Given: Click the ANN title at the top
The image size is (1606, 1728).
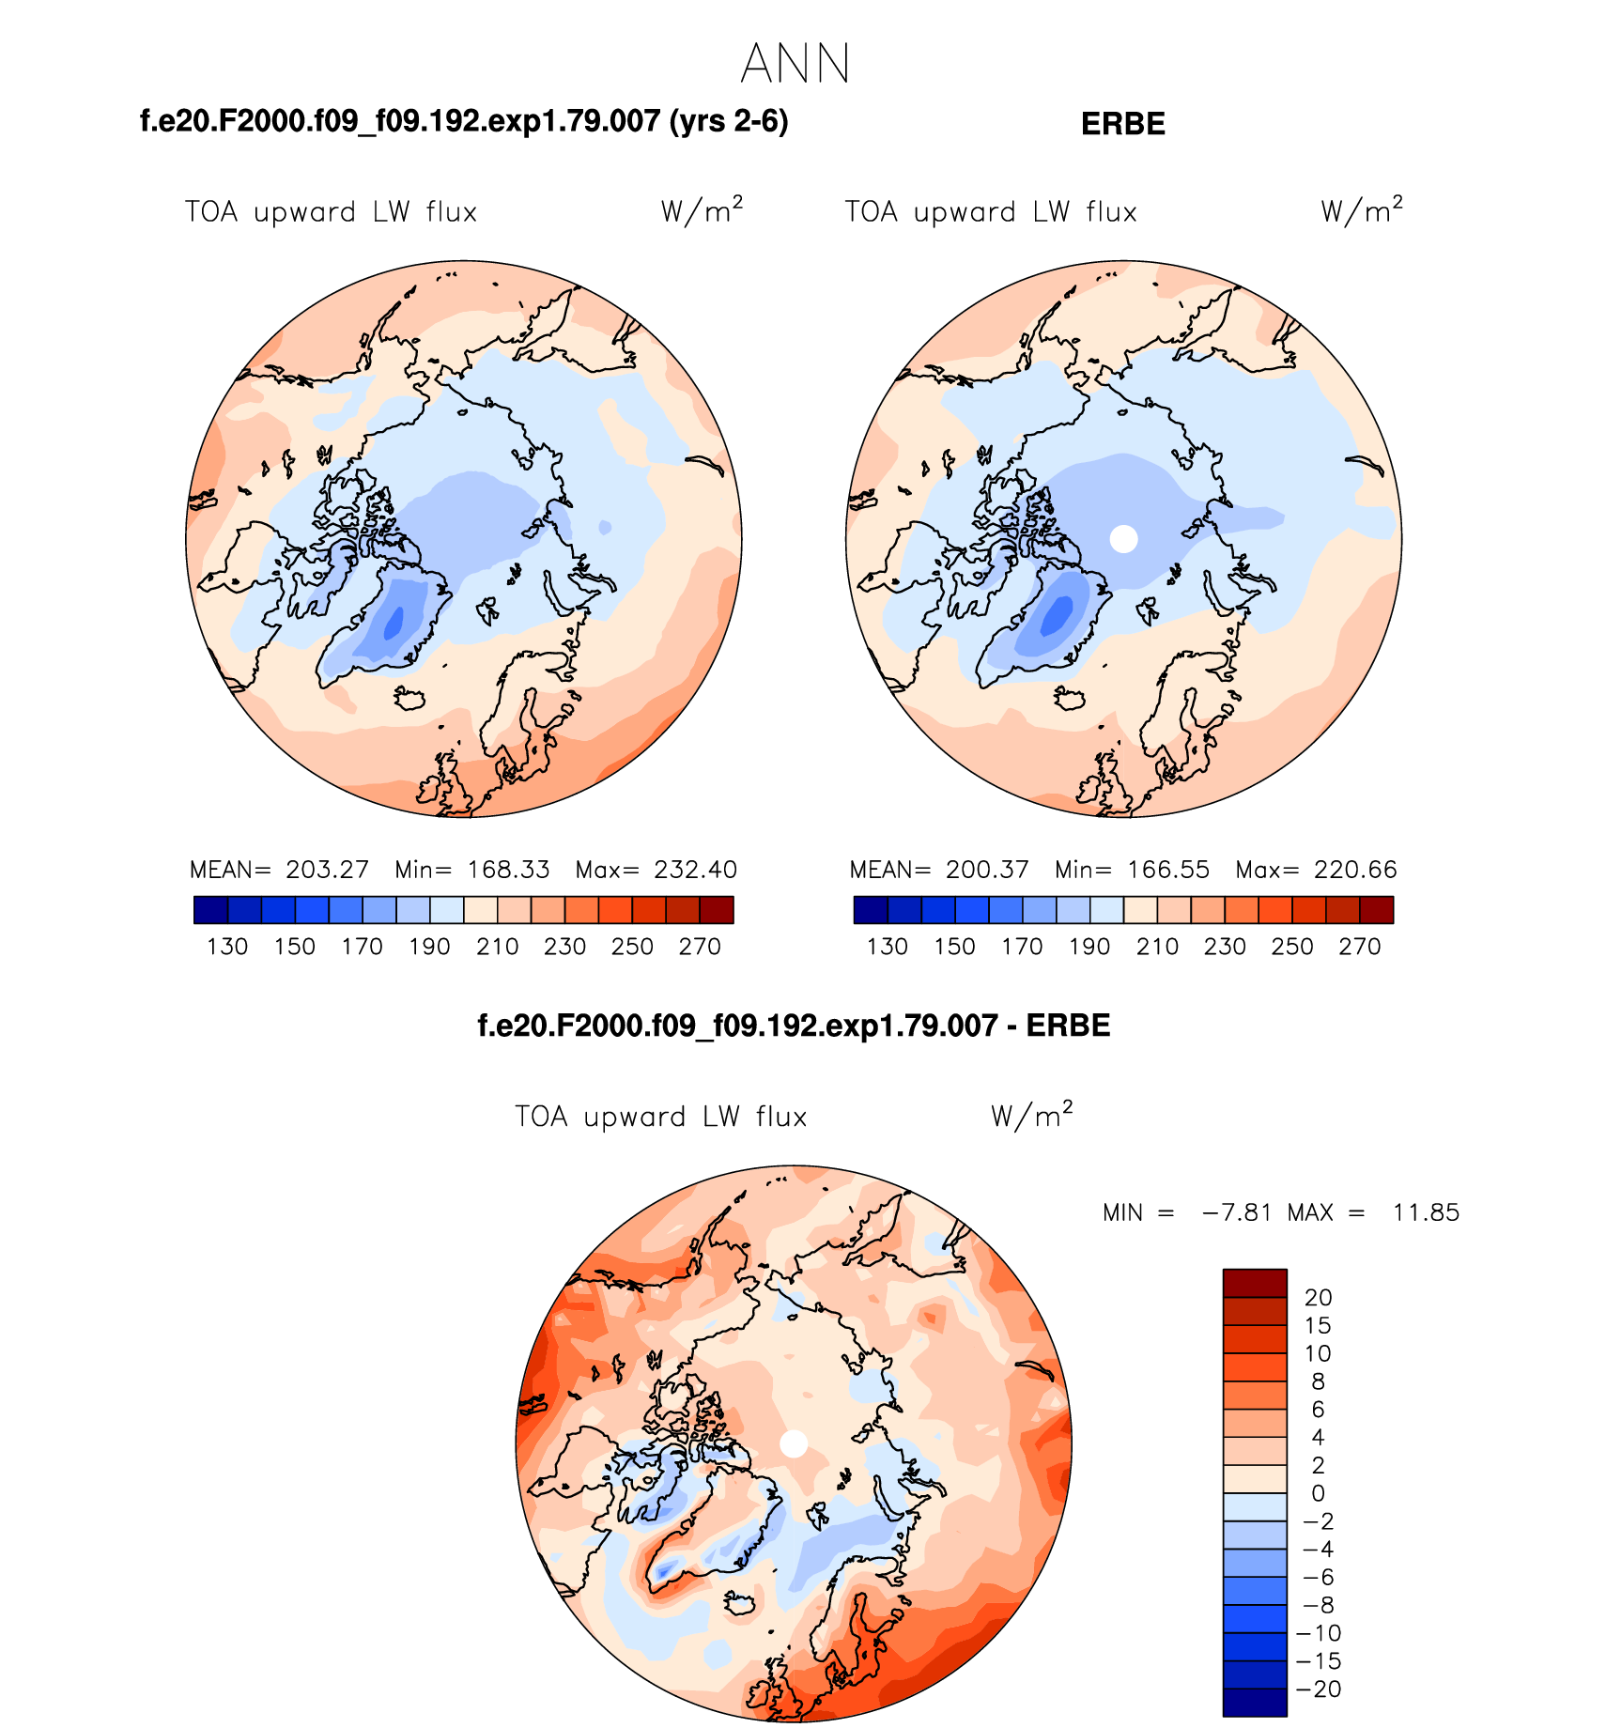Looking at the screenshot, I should pos(795,65).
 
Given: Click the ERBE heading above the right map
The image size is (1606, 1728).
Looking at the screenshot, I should pos(1122,124).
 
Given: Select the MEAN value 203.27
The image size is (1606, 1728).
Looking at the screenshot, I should pos(327,870).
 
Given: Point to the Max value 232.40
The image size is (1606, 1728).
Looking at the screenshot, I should pos(695,870).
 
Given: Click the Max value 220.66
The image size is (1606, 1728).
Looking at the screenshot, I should pos(1355,870).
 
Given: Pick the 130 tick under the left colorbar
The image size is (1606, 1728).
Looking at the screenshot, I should pos(227,947).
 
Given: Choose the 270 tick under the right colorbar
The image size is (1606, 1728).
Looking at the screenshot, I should pos(1359,947).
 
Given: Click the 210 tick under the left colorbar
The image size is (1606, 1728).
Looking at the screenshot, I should pos(497,947).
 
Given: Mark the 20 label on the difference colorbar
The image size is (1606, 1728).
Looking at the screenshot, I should pos(1318,1298).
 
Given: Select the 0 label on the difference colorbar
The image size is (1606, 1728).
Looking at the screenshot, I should pos(1318,1493).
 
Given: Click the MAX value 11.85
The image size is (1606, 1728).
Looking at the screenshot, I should pos(1426,1212).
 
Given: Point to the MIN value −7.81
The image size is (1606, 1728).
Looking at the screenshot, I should pos(1237,1212).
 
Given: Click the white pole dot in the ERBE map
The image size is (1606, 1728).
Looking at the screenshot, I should pos(1123,539).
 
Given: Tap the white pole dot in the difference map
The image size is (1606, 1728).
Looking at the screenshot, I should pos(794,1443).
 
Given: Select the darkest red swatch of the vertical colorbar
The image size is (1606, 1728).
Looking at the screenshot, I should pos(1255,1283).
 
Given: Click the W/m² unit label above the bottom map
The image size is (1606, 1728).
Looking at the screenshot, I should pos(1030,1116).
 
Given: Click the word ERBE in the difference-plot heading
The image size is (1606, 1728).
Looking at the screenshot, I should pos(1068,1026).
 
